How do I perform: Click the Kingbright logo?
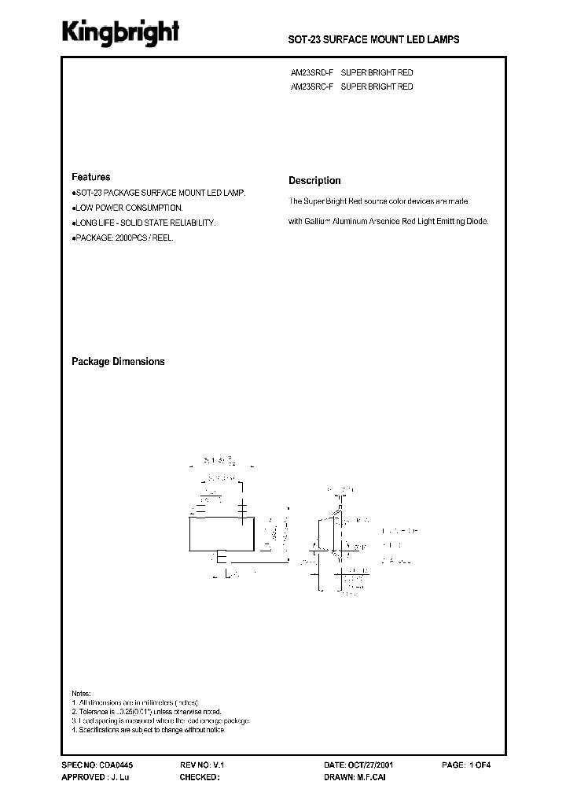[122, 31]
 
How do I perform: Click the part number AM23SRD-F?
[313, 73]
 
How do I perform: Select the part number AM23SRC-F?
[313, 87]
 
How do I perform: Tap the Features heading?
[91, 178]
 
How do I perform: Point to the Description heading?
[314, 180]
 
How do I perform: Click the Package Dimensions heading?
[118, 362]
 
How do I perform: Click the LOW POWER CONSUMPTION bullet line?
[128, 208]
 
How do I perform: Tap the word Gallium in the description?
[320, 222]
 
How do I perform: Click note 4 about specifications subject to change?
[148, 730]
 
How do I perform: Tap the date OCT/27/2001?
[377, 765]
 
